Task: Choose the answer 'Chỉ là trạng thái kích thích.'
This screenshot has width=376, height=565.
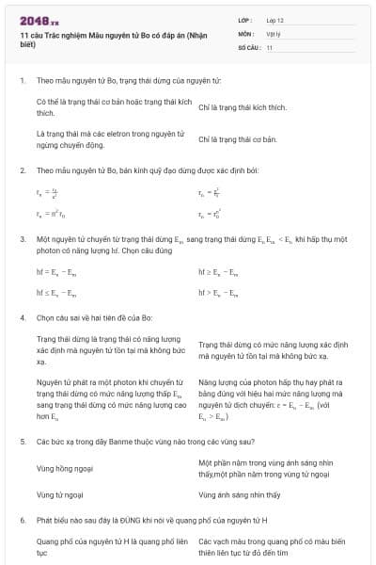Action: tap(243, 107)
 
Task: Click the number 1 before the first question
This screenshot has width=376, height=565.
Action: tap(23, 81)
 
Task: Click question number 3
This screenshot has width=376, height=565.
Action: tap(23, 240)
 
